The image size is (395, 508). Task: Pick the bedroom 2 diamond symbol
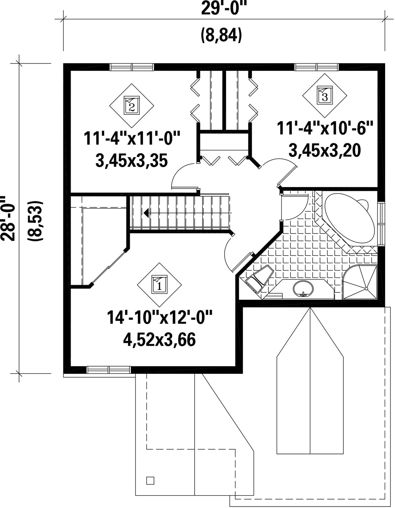pos(132,106)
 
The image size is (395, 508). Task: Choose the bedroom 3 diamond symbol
pos(325,96)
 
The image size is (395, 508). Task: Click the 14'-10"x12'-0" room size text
pos(159,317)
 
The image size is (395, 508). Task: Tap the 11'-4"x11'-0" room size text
pos(132,139)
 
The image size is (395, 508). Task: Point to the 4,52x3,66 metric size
pos(159,340)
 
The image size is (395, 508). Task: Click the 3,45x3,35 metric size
pos(132,161)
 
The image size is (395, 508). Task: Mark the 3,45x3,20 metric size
pos(325,151)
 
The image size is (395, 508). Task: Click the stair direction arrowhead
pos(146,213)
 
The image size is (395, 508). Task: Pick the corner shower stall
pos(360,282)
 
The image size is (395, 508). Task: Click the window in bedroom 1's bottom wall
pos(109,369)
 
